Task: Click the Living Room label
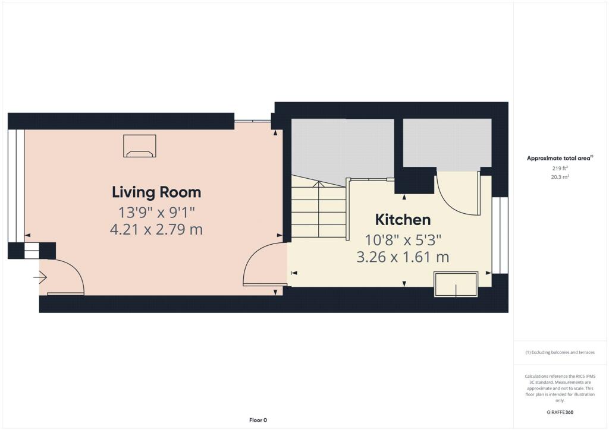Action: point(156,192)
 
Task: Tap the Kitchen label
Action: point(403,219)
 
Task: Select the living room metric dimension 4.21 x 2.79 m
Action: point(156,229)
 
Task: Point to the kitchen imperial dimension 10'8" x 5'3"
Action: point(403,240)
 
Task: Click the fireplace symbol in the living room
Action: point(140,147)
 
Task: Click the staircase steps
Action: point(318,211)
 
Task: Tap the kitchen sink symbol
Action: point(456,284)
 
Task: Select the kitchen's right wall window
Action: point(500,235)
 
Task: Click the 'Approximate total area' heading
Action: point(560,158)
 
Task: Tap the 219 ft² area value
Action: point(560,168)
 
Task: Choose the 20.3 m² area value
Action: point(560,176)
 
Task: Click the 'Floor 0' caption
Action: point(258,420)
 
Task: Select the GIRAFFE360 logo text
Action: point(560,412)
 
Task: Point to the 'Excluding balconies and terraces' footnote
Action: point(560,352)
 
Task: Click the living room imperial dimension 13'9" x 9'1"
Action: point(156,211)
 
